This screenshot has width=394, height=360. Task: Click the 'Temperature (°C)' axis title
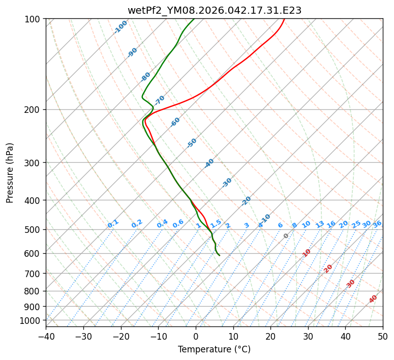214,350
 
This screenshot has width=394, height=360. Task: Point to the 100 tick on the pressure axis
34,19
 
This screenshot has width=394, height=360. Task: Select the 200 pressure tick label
34,110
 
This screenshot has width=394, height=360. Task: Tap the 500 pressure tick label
34,230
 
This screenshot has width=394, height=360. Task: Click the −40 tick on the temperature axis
46,336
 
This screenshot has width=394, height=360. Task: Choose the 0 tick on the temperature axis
196,336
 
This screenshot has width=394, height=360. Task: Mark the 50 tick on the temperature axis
383,336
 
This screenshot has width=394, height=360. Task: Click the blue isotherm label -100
120,27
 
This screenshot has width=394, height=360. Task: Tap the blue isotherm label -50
192,143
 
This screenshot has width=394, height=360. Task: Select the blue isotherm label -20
246,201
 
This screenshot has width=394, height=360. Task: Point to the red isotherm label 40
373,299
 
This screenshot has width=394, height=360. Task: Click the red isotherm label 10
307,253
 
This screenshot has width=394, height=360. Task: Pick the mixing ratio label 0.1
113,223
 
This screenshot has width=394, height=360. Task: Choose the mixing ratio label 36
377,224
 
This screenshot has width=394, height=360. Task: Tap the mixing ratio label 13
320,224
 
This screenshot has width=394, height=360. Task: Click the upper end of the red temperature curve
284,19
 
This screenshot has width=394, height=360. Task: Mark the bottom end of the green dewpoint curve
219,255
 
